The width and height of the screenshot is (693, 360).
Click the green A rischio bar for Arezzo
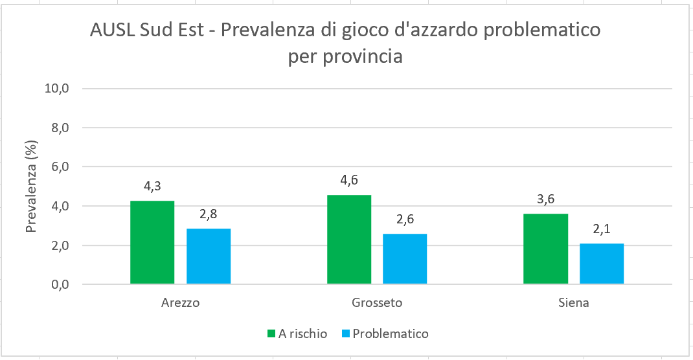152,243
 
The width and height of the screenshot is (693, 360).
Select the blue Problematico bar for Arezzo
209,256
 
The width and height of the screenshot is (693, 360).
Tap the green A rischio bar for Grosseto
349,240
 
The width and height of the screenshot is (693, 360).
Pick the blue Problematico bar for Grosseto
405,259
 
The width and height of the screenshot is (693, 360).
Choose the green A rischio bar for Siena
545,249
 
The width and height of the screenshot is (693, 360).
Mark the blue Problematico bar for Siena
602,264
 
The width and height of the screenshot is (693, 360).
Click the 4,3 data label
152,186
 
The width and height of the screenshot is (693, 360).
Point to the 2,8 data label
209,214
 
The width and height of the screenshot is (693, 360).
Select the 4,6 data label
349,181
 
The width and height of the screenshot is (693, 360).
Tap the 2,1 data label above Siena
602,229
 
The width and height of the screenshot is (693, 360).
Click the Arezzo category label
180,303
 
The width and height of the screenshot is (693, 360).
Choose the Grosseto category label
377,303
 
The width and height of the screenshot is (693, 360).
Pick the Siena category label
573,303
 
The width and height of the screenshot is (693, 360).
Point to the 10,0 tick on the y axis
56,89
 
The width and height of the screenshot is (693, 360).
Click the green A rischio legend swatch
271,334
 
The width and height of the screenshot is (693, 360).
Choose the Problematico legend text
391,334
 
